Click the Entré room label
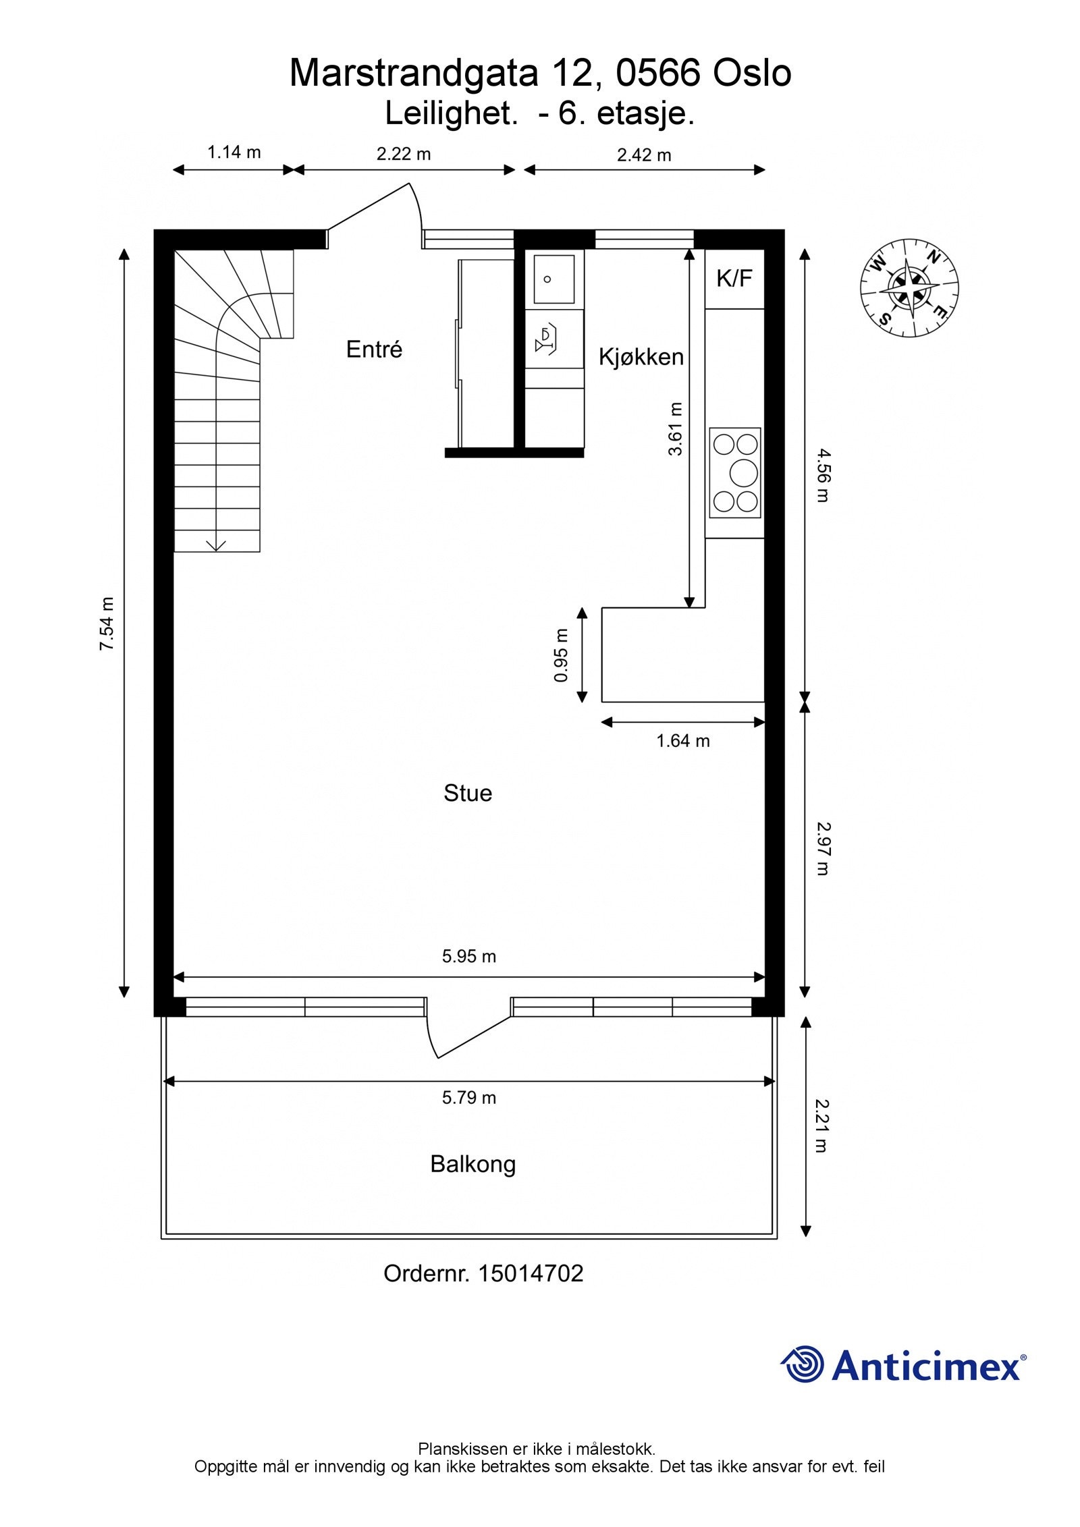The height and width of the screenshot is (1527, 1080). pos(374,350)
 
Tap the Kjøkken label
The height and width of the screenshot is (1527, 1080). pos(641,357)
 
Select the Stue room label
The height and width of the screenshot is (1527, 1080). pos(467,793)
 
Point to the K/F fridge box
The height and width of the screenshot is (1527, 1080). pos(734,279)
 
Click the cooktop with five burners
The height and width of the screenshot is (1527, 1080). pos(734,472)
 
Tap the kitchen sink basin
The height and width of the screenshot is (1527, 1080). pos(553,279)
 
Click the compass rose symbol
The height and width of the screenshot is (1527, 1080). pos(909,287)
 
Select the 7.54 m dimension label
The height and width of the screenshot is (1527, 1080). pos(107,623)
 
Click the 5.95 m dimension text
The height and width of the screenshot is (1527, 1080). pos(468,956)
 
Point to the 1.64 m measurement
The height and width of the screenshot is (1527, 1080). pos(682,741)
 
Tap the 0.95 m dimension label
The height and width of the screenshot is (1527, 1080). pos(561,655)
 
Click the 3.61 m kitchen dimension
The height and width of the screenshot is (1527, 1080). pos(676,428)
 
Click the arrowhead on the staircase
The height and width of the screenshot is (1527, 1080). pos(216,545)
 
